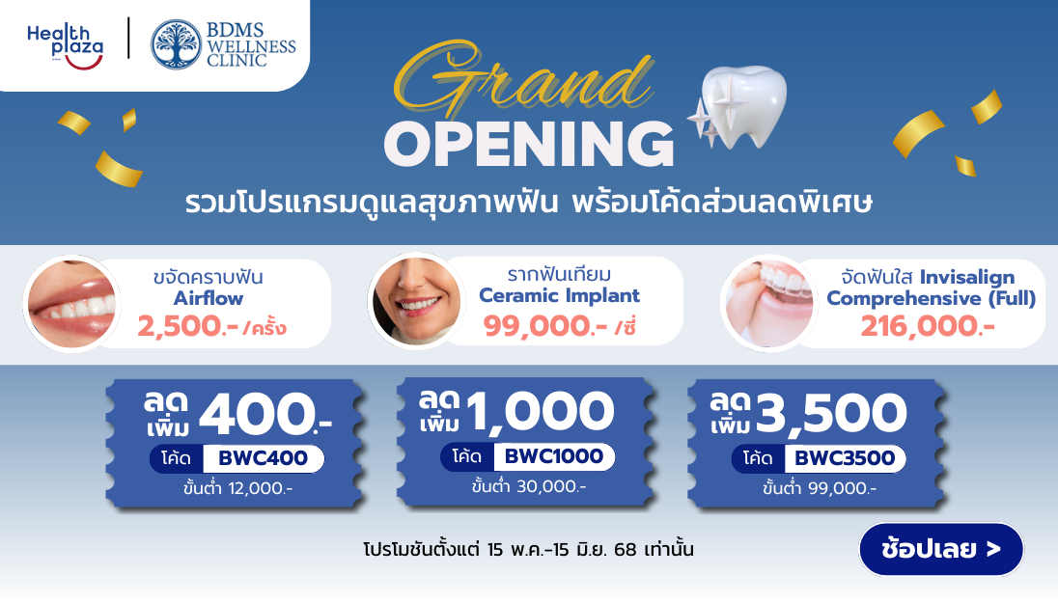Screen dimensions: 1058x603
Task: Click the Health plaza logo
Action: point(65,46)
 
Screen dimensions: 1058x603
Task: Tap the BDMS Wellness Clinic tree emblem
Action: point(176,44)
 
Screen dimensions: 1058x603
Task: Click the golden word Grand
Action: point(523,79)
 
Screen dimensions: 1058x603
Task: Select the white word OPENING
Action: point(529,144)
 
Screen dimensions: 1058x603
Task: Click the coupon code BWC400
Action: point(264,458)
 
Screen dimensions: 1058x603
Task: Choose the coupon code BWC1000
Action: point(554,456)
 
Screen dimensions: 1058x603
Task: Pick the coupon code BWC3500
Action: point(845,458)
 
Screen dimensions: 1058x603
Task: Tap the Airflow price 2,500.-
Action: point(187,326)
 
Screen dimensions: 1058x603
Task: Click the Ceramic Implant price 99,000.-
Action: point(545,326)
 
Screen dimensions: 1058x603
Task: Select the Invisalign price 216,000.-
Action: point(927,326)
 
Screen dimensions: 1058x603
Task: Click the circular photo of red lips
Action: point(71,304)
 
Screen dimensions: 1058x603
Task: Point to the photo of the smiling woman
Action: point(416,301)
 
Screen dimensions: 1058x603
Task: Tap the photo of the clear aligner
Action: point(769,304)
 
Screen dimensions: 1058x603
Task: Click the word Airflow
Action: point(208,298)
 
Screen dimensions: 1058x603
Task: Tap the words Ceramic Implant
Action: point(559,295)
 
